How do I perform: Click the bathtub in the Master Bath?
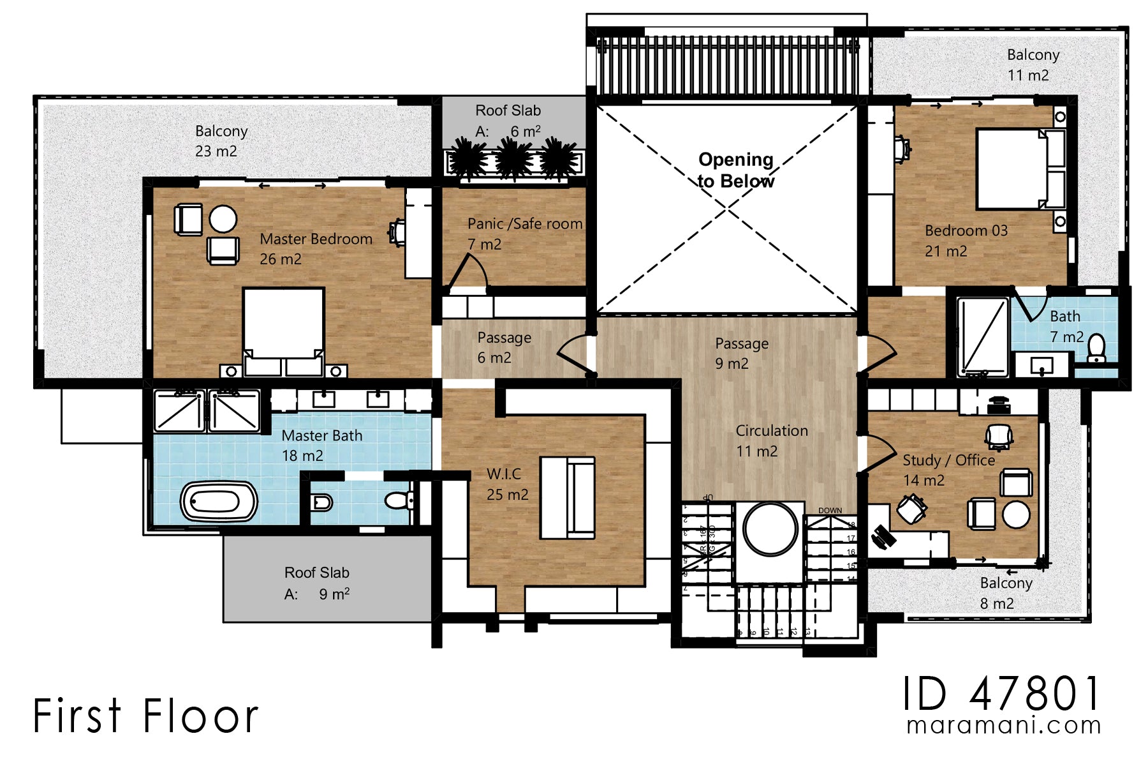click(x=219, y=502)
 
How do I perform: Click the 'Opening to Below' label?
click(x=736, y=170)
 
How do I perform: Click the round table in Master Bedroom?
click(x=223, y=219)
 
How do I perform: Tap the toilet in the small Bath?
click(x=1096, y=348)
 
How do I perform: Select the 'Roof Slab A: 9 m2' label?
click(x=317, y=583)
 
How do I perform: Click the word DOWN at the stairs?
click(x=830, y=511)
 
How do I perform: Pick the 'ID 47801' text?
click(x=1001, y=694)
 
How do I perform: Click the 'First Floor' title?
click(x=145, y=716)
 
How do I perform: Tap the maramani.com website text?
click(x=1004, y=726)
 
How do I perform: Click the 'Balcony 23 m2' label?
click(x=220, y=141)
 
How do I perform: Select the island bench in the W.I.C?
click(x=568, y=498)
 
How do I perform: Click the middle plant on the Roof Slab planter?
click(x=514, y=159)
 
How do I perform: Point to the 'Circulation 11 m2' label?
click(x=771, y=441)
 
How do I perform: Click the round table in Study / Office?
click(x=1016, y=515)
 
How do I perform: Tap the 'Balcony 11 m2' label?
click(x=1032, y=65)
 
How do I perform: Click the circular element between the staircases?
click(x=770, y=529)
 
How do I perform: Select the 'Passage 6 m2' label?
click(x=503, y=347)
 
